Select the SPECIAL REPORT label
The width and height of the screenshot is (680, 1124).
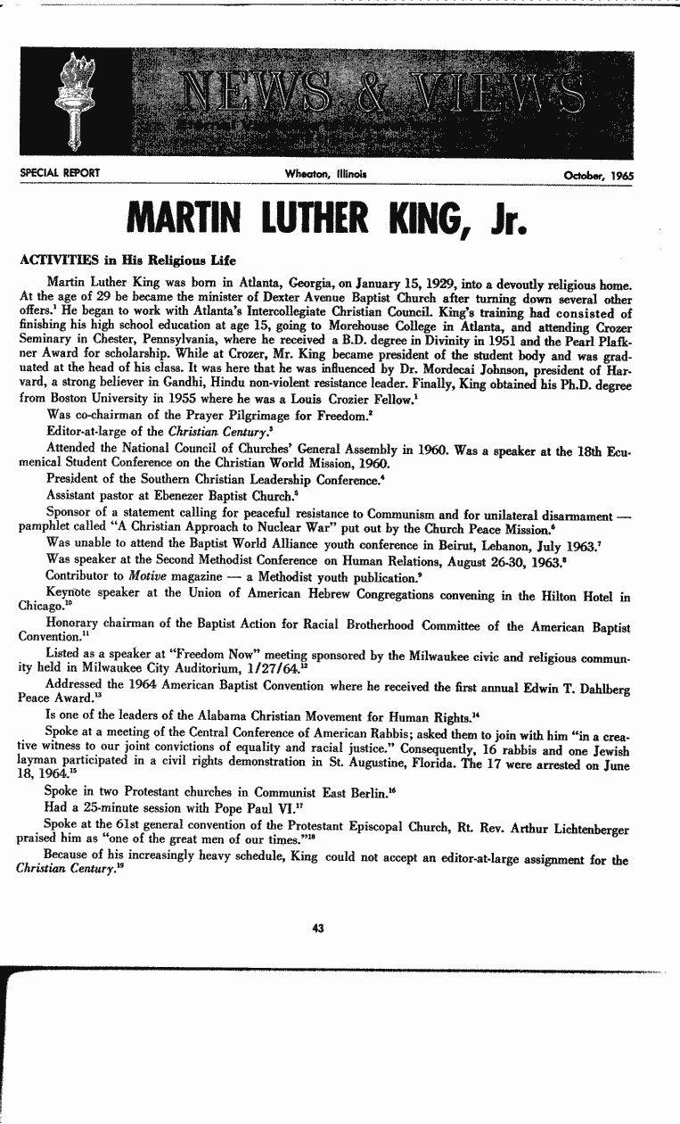[59, 173]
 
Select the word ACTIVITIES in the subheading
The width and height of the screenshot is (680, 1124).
[59, 260]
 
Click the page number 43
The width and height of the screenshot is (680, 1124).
[318, 929]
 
